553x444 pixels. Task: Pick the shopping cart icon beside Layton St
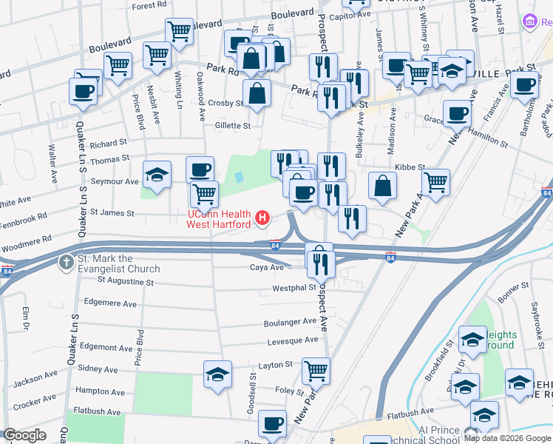coord(316,369)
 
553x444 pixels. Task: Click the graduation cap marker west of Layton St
coord(217,374)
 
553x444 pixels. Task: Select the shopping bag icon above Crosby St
coord(257,93)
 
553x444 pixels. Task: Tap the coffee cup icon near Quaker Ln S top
coord(83,92)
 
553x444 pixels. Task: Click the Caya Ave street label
coord(267,267)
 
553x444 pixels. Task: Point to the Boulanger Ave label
coord(291,323)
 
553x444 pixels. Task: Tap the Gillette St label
coord(232,126)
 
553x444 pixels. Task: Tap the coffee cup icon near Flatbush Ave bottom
coord(273,423)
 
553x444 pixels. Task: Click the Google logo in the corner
coord(24,436)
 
